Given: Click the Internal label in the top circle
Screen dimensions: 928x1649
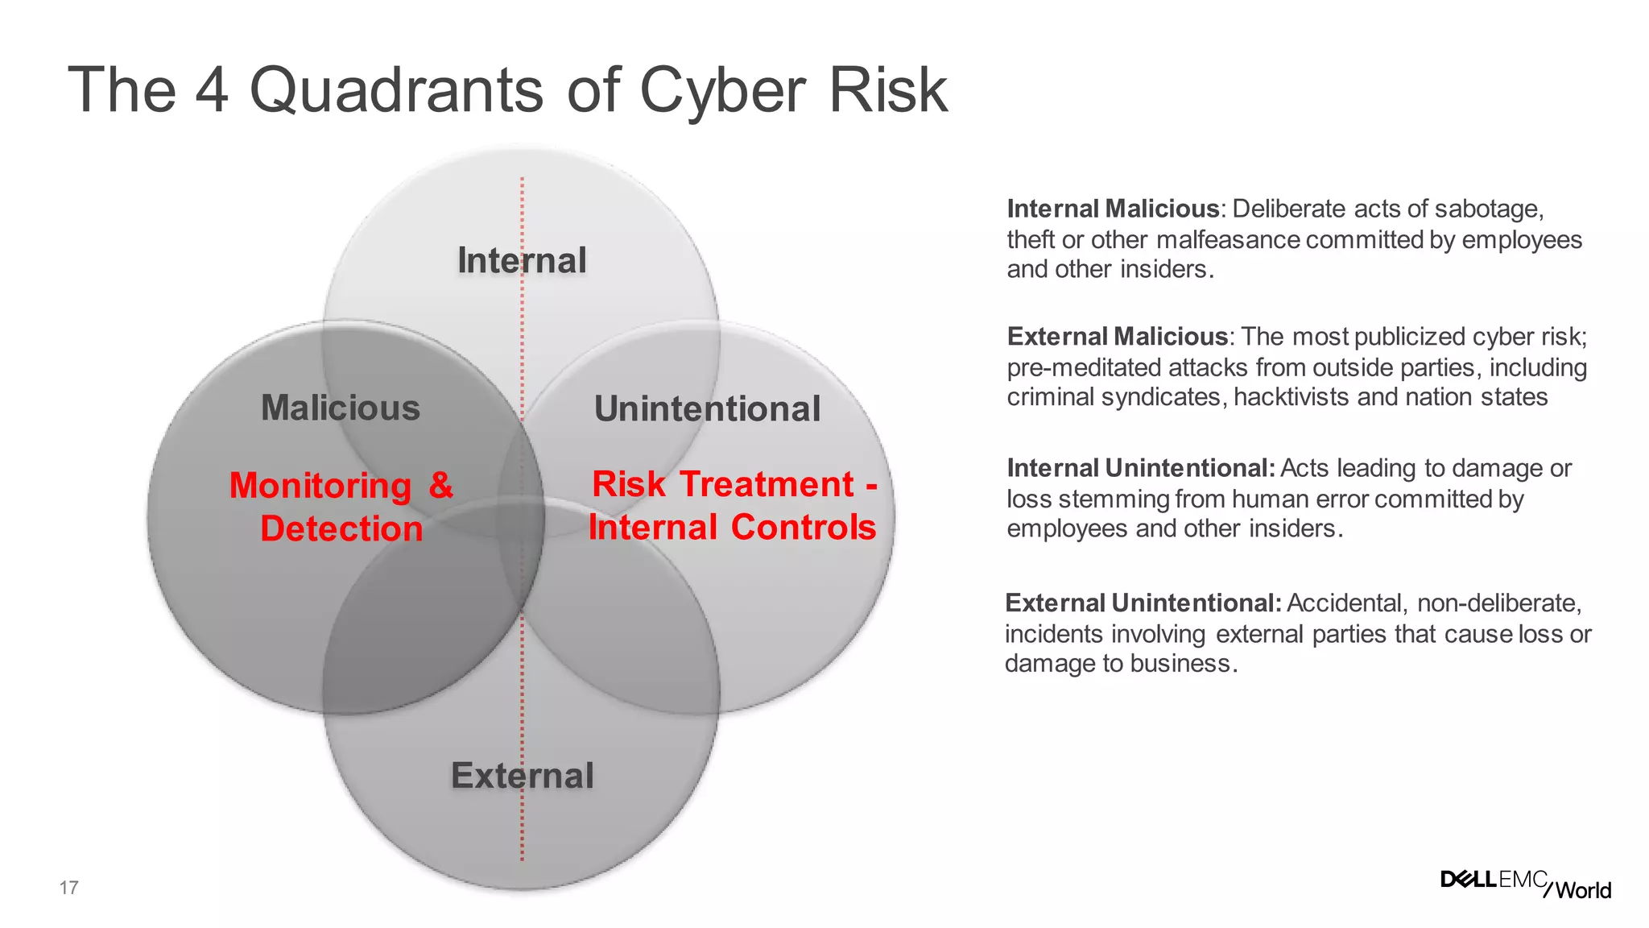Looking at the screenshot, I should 522,260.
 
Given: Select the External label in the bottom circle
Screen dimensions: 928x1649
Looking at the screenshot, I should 522,776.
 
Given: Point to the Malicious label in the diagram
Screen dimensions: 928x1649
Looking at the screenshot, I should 341,408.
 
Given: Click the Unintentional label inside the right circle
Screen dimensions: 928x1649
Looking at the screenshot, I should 707,408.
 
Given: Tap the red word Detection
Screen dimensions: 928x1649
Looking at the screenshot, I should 341,529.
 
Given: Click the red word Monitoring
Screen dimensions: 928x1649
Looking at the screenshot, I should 320,486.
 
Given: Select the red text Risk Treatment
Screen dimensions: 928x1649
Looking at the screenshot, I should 722,484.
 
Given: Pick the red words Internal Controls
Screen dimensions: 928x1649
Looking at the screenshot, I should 731,527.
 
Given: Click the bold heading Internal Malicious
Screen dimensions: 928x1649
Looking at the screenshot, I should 1113,209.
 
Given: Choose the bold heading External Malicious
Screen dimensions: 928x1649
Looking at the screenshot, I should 1117,336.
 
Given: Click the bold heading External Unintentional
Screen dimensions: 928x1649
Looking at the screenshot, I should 1143,603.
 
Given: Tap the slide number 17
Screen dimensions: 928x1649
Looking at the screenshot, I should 68,888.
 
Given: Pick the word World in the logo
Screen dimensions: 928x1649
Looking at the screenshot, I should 1583,890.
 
